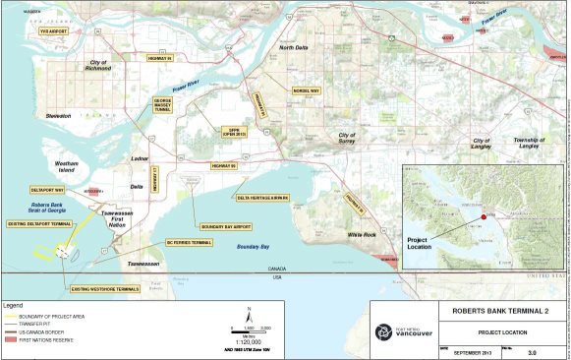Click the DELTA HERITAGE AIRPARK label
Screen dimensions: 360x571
click(x=262, y=198)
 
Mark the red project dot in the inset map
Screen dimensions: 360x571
click(x=483, y=216)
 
